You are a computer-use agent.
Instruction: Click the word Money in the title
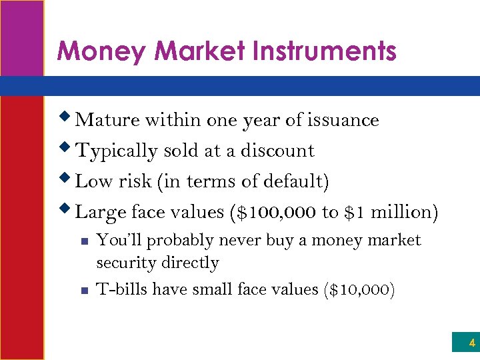91,51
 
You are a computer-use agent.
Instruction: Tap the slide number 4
472,344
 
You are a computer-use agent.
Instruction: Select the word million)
405,213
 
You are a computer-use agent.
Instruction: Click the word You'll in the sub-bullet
116,241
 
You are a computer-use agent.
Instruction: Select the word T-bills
121,289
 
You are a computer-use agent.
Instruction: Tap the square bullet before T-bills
83,291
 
